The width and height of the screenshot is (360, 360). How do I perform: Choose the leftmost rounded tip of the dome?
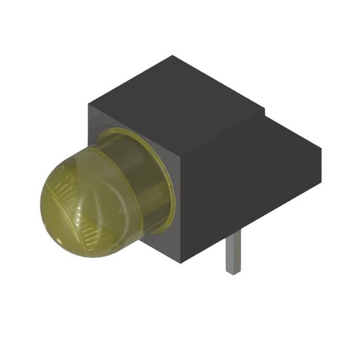[42, 205]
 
